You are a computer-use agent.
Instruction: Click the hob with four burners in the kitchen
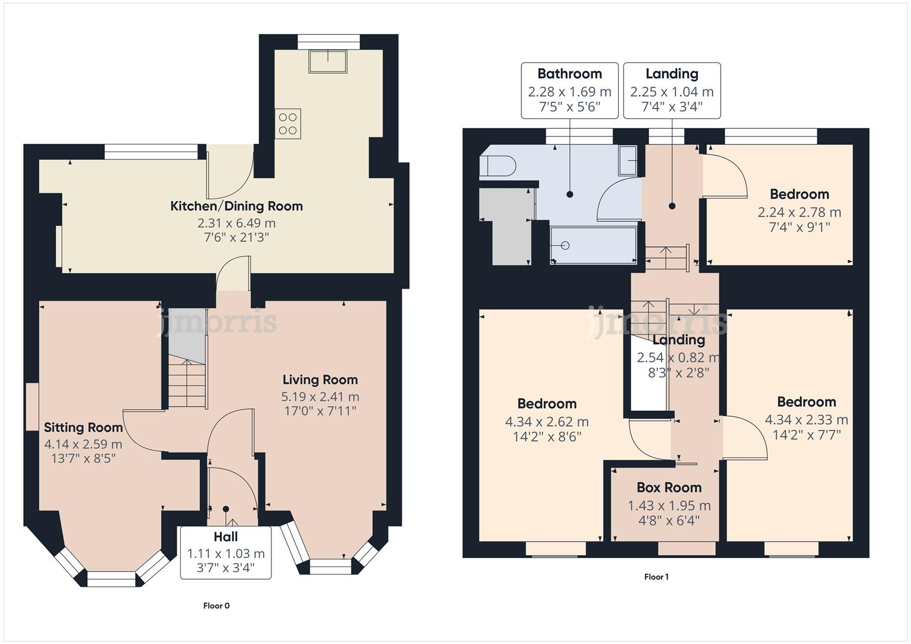point(288,124)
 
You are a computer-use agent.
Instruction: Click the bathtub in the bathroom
point(592,245)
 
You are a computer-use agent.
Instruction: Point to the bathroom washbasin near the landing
point(628,160)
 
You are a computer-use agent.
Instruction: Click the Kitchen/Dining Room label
point(237,206)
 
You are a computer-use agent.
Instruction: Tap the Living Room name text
point(320,380)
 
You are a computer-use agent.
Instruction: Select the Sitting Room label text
point(84,428)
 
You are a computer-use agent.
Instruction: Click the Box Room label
point(669,488)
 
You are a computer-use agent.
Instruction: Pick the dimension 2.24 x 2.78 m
point(799,212)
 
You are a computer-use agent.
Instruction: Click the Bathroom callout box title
point(569,74)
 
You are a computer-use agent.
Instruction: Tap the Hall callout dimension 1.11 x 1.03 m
point(226,554)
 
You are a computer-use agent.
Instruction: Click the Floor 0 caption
point(216,606)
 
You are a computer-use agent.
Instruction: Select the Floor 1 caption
point(656,577)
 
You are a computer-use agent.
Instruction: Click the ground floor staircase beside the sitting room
point(187,385)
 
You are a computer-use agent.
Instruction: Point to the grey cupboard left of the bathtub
point(512,227)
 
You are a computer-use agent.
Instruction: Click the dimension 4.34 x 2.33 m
point(806,420)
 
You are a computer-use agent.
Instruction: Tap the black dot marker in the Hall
point(226,509)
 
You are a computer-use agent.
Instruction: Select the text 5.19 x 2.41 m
point(320,397)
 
